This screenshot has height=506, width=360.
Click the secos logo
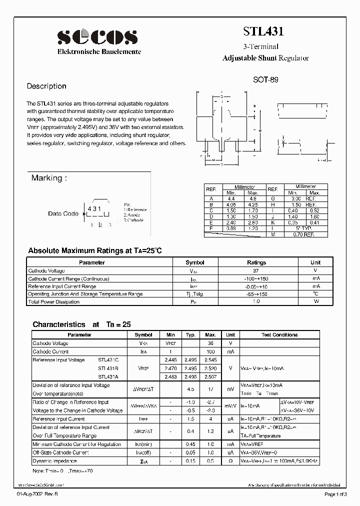point(97,37)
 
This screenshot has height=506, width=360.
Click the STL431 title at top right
point(263,31)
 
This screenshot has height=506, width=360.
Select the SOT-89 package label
point(265,79)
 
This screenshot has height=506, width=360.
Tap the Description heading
point(46,86)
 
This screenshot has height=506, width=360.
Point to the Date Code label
point(63,213)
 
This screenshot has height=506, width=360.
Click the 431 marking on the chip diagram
point(94,208)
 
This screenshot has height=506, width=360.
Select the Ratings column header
point(256,262)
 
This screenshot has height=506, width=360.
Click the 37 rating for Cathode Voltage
point(256,270)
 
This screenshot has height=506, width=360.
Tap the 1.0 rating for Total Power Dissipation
point(256,302)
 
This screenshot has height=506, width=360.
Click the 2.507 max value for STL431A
point(210,376)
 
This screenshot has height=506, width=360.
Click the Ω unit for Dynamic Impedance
point(230,460)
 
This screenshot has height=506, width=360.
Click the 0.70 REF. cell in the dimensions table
point(304,234)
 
